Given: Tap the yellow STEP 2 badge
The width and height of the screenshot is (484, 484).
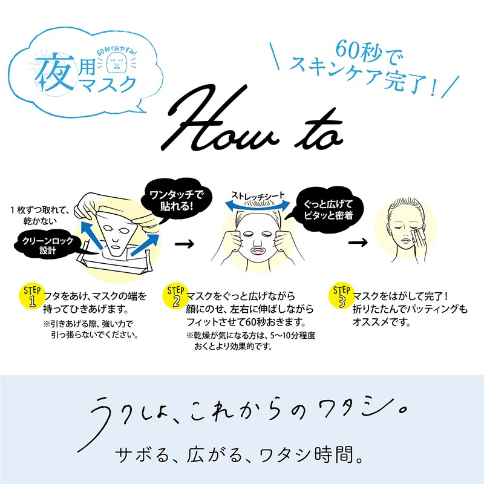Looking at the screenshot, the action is click(x=175, y=296).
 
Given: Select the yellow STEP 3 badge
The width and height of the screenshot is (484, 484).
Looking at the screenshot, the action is click(x=341, y=296).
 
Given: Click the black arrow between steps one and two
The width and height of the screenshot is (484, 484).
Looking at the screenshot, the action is click(x=185, y=244).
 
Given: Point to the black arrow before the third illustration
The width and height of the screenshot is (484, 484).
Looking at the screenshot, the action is click(x=358, y=243).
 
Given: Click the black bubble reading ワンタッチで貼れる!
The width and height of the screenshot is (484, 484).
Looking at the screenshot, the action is click(x=176, y=201).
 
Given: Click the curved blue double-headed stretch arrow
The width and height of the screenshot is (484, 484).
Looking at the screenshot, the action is click(x=258, y=203).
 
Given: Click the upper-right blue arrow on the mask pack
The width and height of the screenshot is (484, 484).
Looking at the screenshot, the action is click(x=145, y=244).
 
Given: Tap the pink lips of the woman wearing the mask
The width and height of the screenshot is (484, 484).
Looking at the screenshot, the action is click(x=258, y=250).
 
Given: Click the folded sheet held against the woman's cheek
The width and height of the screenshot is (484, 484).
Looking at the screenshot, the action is click(x=417, y=234).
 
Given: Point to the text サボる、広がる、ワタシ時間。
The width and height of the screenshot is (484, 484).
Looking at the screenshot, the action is click(x=239, y=456).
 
